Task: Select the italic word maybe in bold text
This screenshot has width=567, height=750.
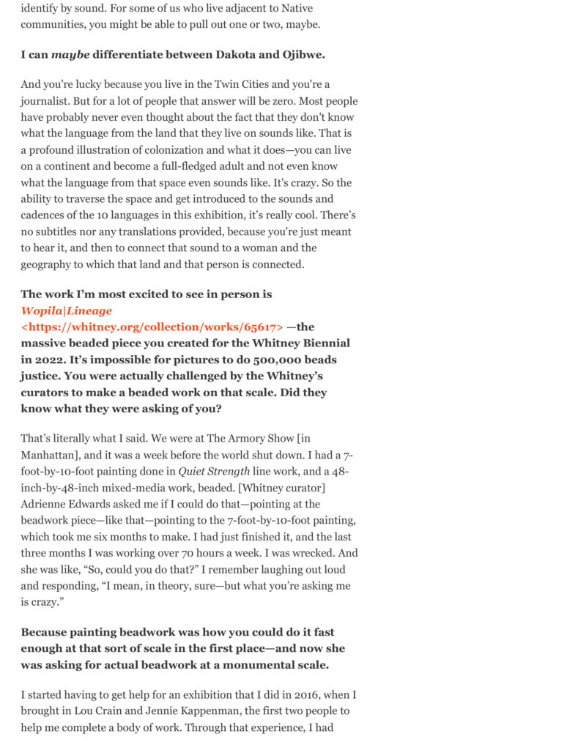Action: pyautogui.click(x=70, y=55)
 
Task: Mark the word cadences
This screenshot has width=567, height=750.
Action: pyautogui.click(x=45, y=215)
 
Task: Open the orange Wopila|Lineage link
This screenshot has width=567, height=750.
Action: pyautogui.click(x=67, y=311)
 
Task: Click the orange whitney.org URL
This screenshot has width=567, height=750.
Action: pyautogui.click(x=152, y=327)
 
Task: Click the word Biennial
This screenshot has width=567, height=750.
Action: pyautogui.click(x=322, y=343)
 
